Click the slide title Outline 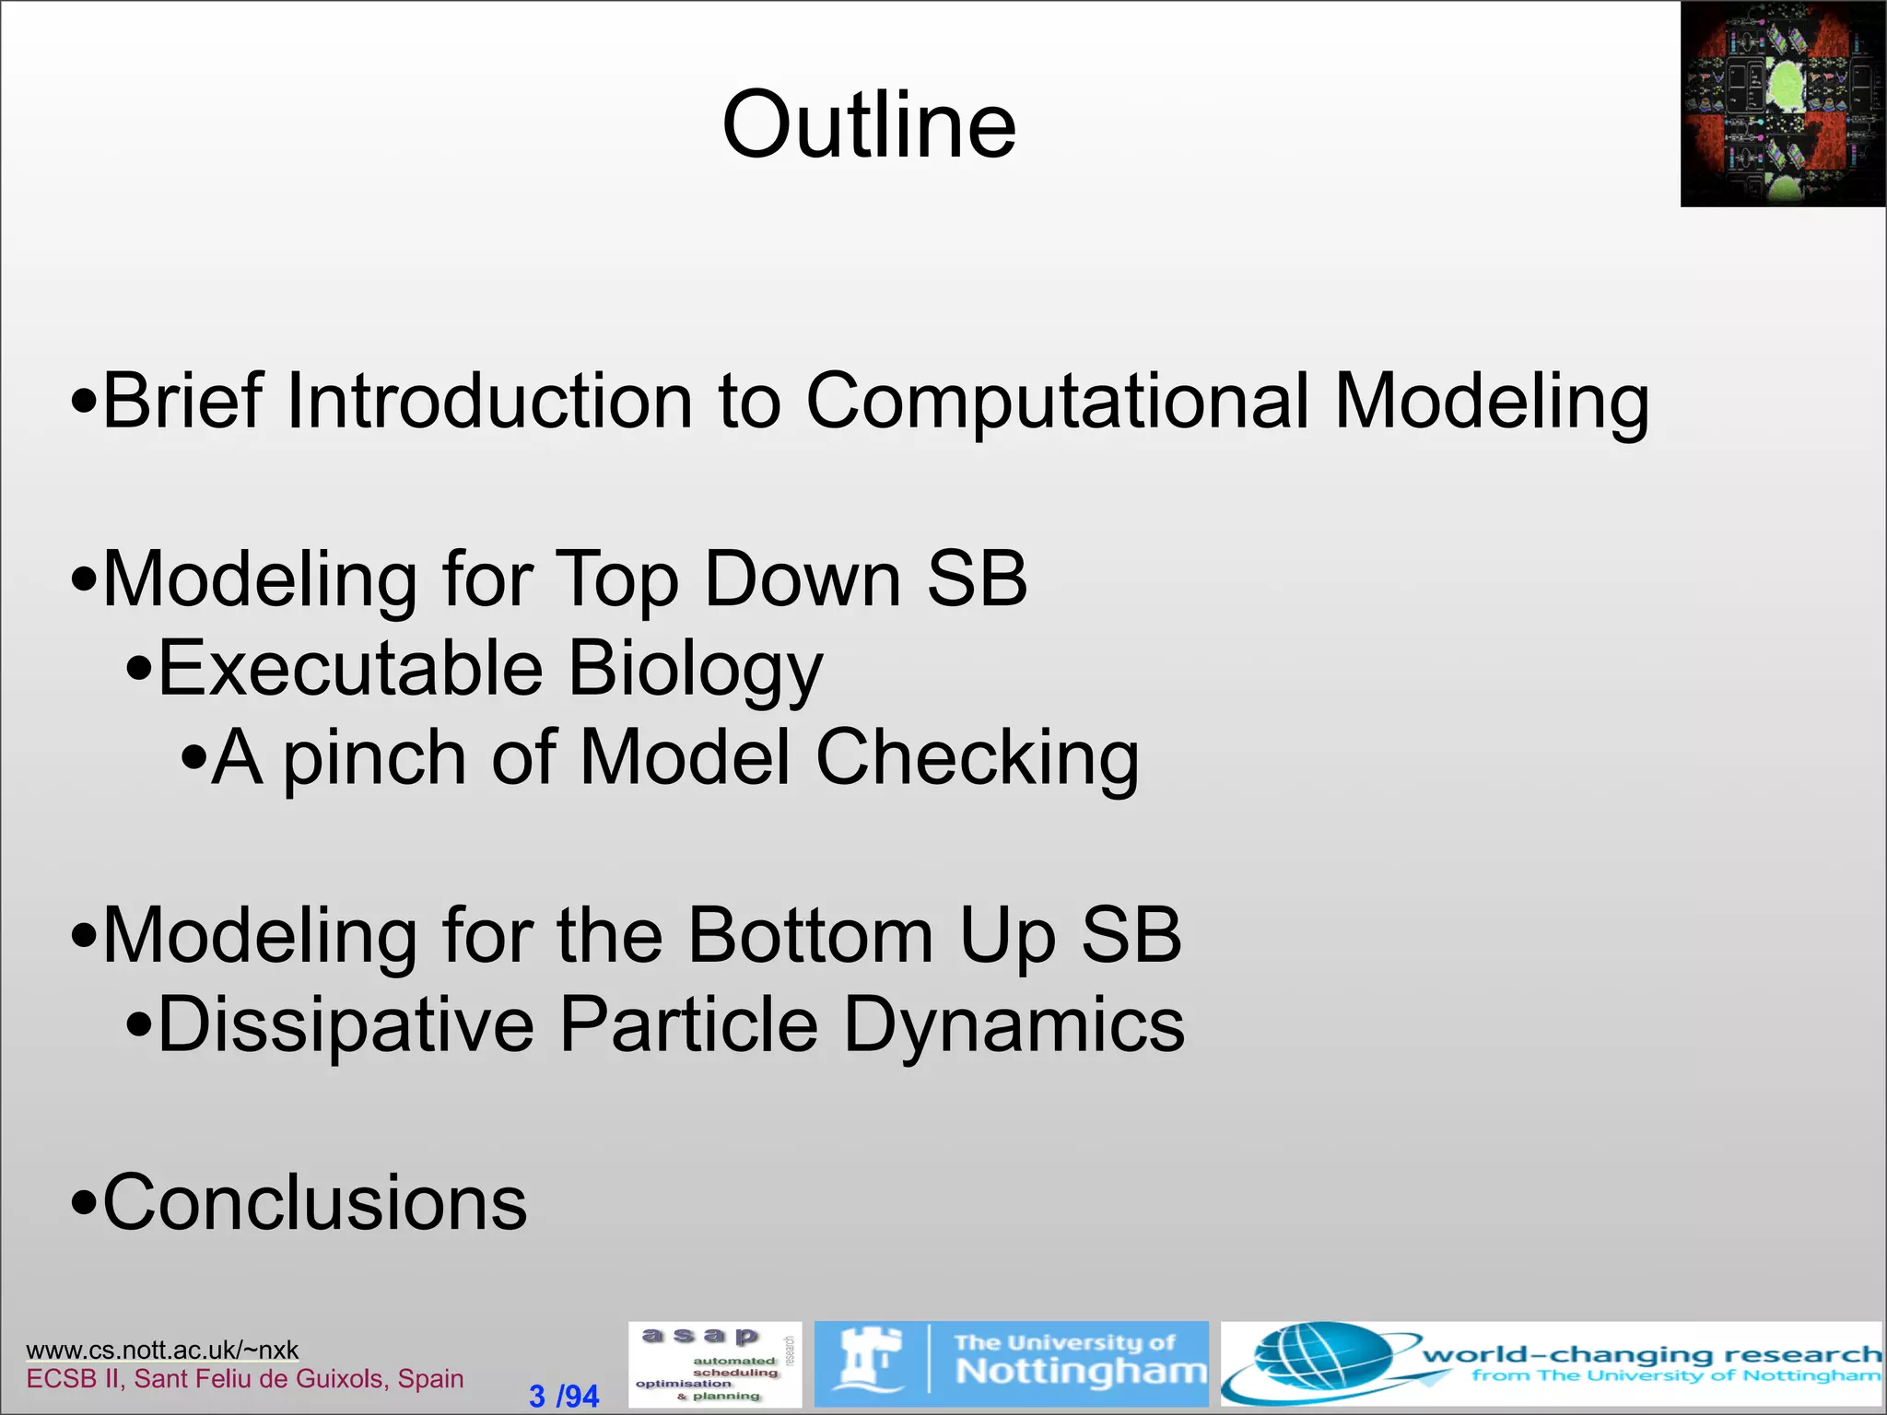click(x=869, y=125)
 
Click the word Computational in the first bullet click(x=1057, y=402)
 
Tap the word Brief click(x=182, y=402)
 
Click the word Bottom click(x=812, y=936)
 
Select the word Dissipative click(x=346, y=1024)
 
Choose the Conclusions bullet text click(x=314, y=1203)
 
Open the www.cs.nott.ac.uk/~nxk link click(x=162, y=1350)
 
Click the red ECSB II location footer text click(x=245, y=1379)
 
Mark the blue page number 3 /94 click(x=564, y=1396)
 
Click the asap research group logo click(x=714, y=1364)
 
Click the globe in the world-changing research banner click(x=1318, y=1363)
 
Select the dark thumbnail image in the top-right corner click(x=1782, y=104)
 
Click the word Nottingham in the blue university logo click(x=1081, y=1372)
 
